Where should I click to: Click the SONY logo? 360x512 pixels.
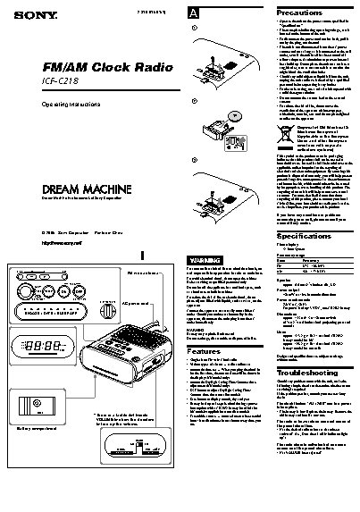coord(22,12)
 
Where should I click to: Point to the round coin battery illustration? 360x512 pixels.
coord(235,90)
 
